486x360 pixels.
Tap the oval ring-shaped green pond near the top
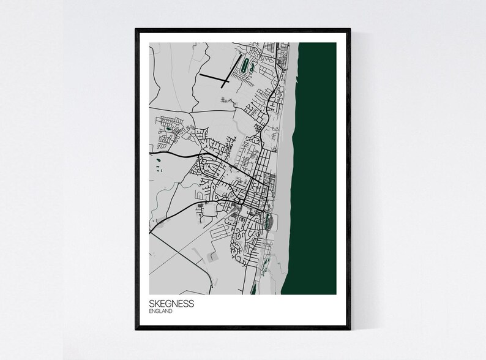(x=246, y=64)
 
